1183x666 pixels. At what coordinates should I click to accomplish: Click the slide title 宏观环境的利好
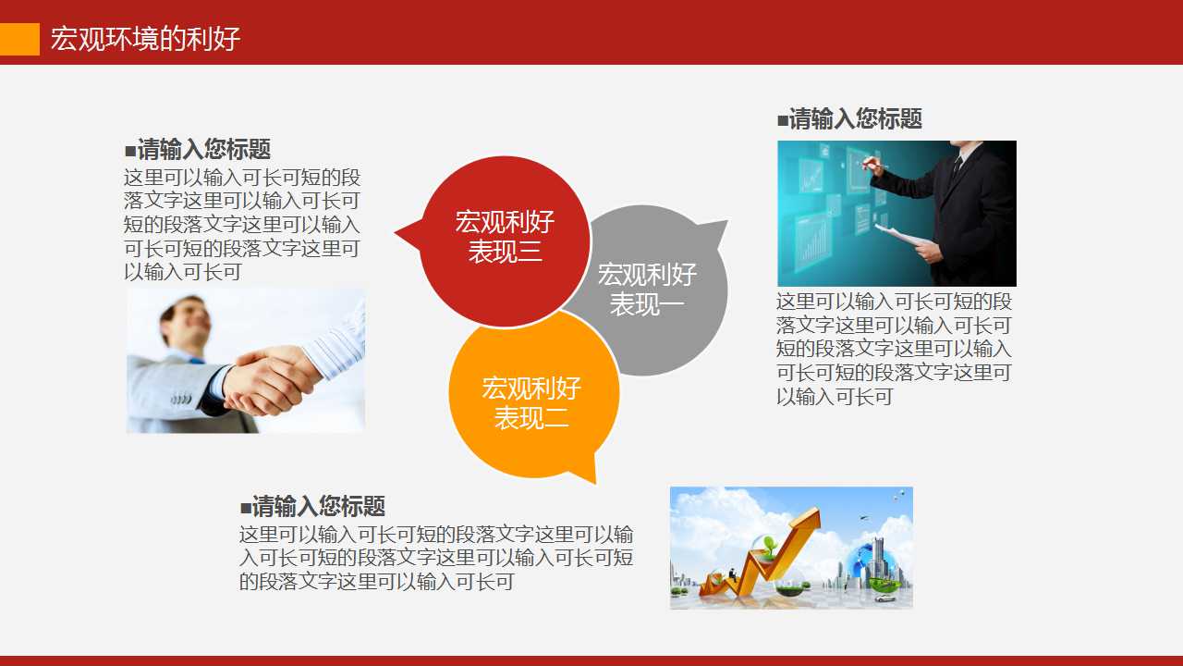tap(145, 39)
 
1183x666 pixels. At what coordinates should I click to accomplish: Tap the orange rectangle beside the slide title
tap(19, 39)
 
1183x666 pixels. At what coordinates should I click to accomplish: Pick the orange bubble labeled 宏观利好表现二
tap(531, 402)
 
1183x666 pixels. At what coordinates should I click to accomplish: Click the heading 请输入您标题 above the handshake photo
tap(198, 149)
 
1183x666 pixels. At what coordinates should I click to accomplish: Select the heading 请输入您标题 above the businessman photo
tap(850, 118)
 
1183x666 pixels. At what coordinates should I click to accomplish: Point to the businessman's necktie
tap(957, 166)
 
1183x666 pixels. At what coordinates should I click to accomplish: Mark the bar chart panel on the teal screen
tap(814, 236)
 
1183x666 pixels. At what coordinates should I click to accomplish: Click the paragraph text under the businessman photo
tap(894, 349)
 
